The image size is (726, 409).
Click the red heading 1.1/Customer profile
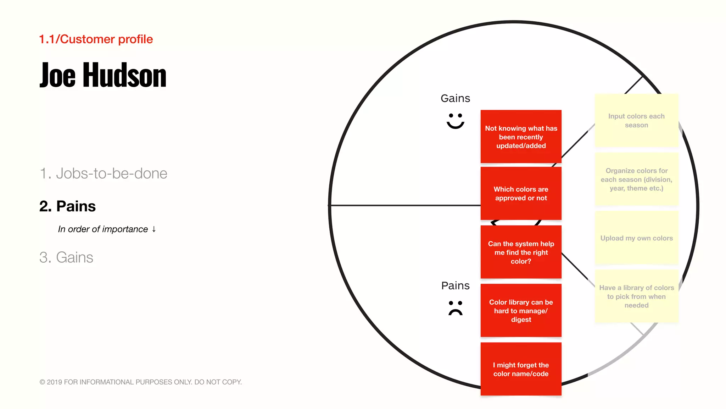96,39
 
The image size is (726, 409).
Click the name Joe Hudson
103,75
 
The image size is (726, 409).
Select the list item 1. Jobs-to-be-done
103,173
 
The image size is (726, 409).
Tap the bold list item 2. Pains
67,206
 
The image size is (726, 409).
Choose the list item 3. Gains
66,257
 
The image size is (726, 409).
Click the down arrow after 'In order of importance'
154,229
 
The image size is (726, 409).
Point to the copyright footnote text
140,382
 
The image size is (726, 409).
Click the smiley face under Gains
455,121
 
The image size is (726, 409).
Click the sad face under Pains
455,308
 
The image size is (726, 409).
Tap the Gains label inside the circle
455,98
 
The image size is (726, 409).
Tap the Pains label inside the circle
455,285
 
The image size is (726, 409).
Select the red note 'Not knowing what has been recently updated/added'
521,137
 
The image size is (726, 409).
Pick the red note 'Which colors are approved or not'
521,193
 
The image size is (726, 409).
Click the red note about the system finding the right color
521,252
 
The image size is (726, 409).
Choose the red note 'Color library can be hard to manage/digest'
521,311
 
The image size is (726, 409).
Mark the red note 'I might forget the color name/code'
521,369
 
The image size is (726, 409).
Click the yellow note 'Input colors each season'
636,120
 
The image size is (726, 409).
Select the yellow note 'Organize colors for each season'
636,179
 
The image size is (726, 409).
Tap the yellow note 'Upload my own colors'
636,238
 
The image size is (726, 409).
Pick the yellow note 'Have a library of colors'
636,296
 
